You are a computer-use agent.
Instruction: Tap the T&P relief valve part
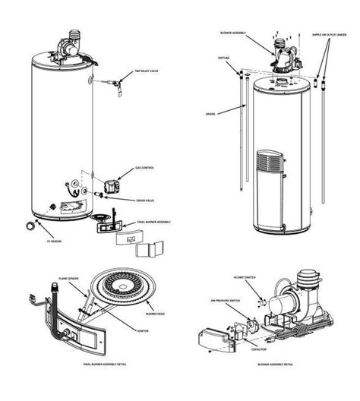coord(117,81)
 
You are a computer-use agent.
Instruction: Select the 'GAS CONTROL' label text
coord(146,168)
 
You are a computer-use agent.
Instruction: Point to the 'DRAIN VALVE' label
coord(147,201)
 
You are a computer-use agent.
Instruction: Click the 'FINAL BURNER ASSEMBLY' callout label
coord(153,222)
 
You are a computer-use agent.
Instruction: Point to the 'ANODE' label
coord(212,115)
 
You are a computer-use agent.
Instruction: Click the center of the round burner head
coord(121,289)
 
